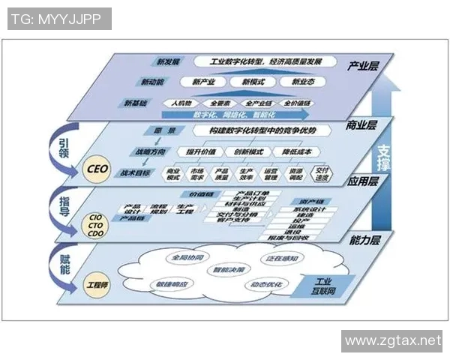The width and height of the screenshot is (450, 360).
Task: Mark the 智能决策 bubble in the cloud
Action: tap(228, 268)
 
